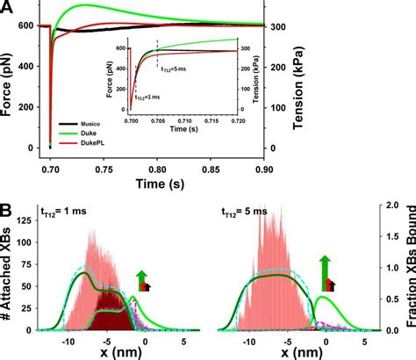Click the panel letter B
(9, 211)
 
